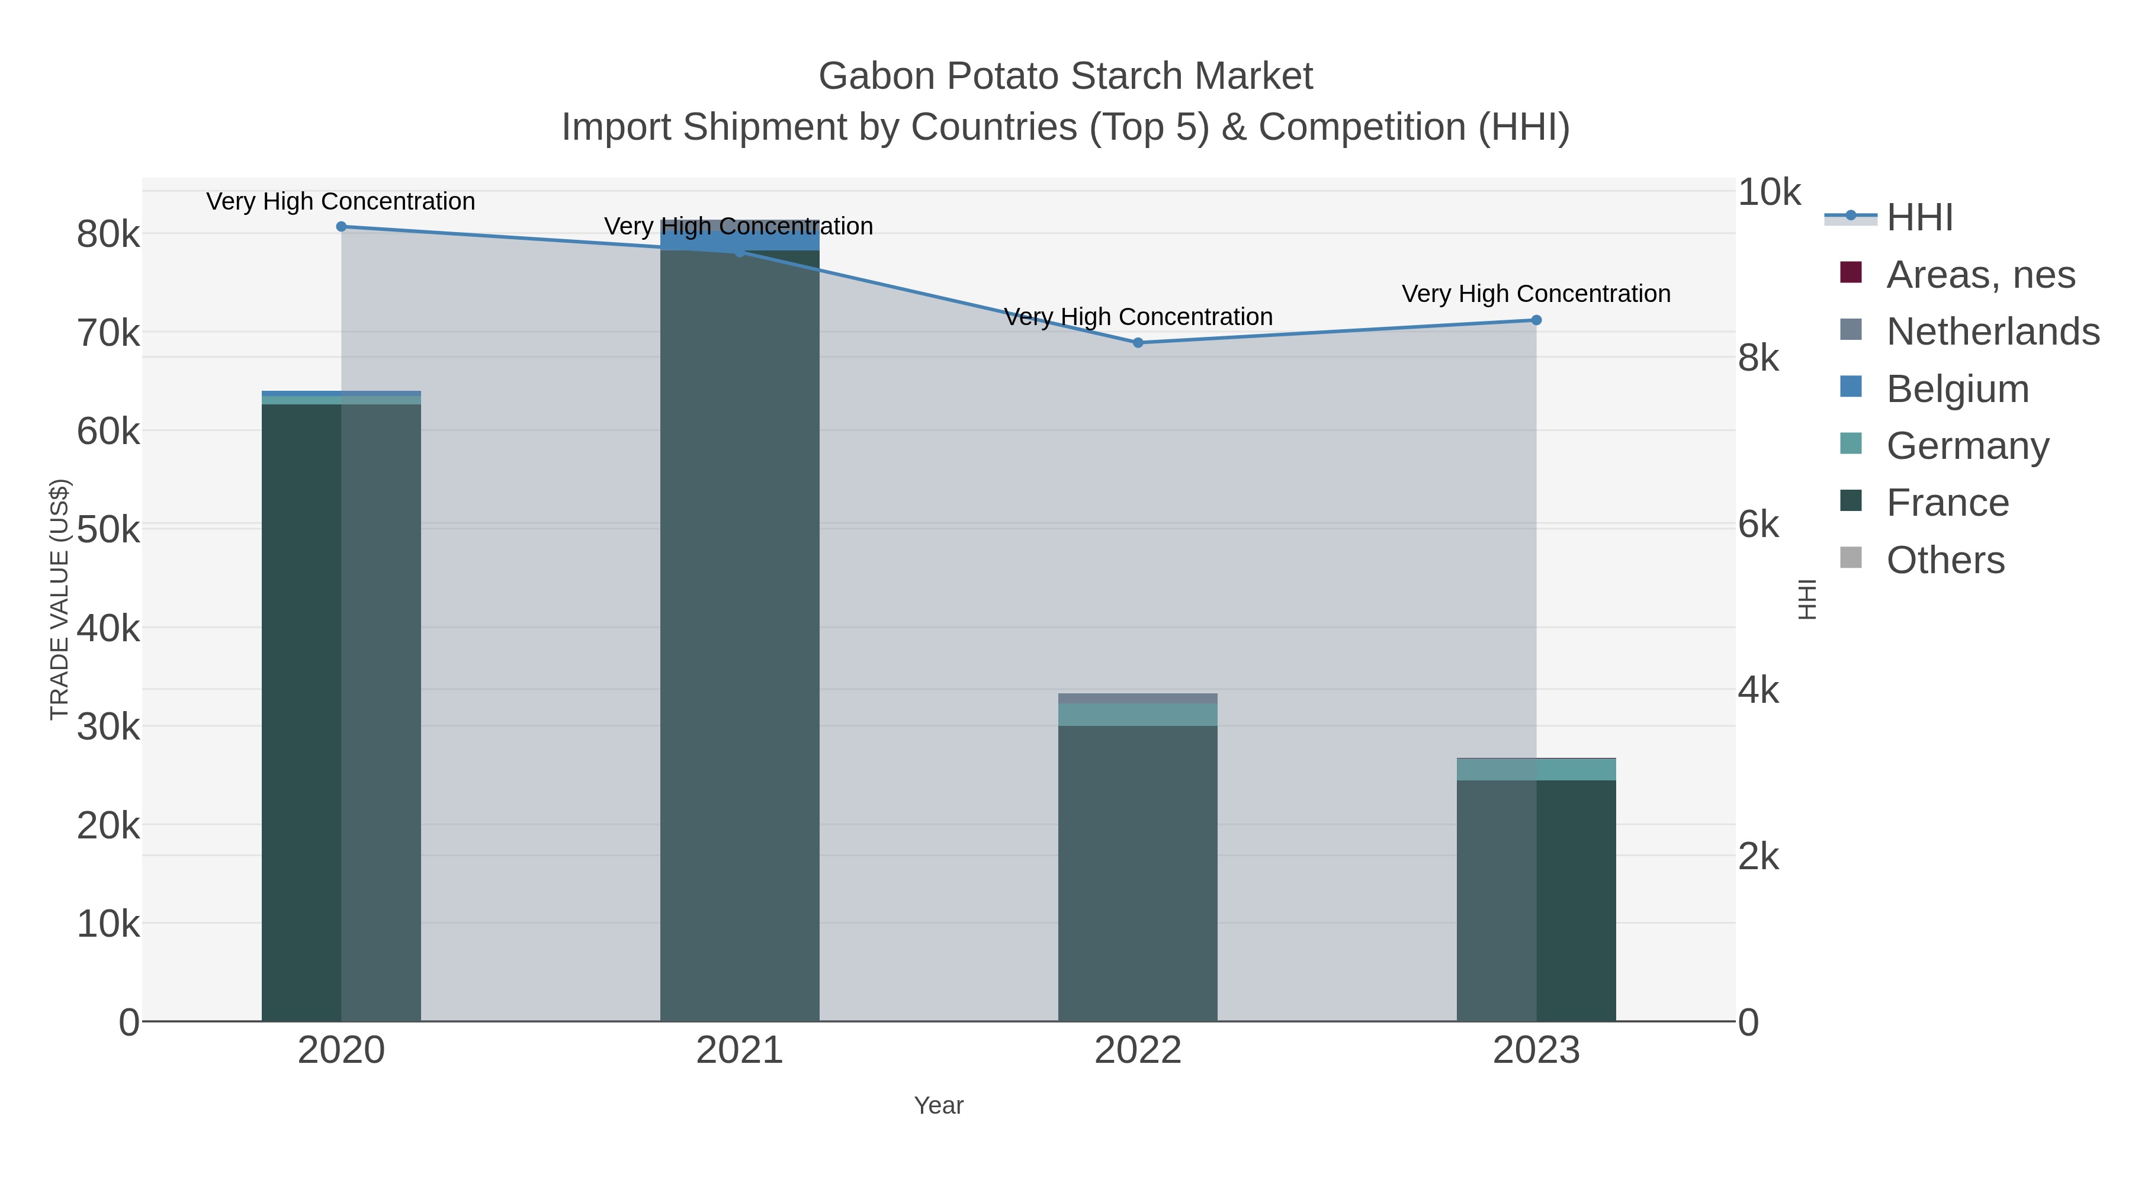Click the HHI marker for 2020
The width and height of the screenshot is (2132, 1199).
tap(341, 227)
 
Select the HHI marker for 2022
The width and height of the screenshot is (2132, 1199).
tap(1138, 343)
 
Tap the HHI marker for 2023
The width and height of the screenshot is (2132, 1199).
tap(1536, 320)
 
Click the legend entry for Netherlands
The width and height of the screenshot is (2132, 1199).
tap(1992, 332)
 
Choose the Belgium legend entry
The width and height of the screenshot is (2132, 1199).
tap(1957, 389)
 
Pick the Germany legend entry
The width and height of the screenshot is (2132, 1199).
tap(1967, 446)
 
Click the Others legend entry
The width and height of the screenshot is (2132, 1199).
tap(1945, 560)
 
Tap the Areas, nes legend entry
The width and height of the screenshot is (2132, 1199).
tap(1980, 275)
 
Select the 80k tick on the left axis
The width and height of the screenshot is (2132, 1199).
tap(108, 234)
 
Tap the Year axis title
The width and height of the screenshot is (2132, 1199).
tap(939, 1105)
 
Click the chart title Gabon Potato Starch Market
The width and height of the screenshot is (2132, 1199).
tap(1065, 76)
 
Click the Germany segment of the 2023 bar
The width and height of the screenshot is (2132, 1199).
tap(1536, 770)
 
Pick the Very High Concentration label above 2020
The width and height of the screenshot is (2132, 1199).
tap(341, 201)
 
